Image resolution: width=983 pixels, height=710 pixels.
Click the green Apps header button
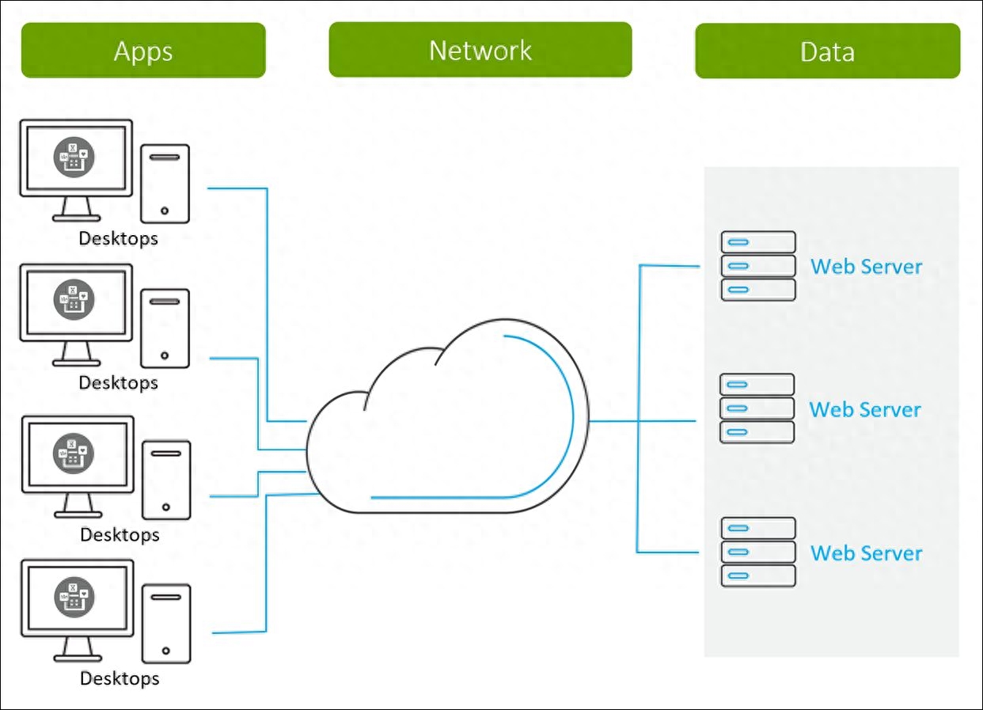click(143, 51)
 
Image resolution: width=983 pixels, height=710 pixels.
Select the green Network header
click(480, 50)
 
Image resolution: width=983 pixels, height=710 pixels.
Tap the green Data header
click(827, 51)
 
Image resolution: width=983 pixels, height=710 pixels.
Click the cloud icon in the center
click(448, 420)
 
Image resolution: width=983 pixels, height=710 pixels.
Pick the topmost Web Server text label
click(866, 266)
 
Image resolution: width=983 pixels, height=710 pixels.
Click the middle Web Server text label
click(865, 409)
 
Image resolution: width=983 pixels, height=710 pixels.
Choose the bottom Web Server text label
click(867, 552)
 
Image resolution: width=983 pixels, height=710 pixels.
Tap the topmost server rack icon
click(758, 266)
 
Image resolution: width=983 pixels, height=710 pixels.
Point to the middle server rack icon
click(757, 408)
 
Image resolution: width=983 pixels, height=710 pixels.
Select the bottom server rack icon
click(758, 552)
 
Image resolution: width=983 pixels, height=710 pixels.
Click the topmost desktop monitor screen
click(76, 159)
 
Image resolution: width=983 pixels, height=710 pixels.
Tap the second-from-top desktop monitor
click(76, 303)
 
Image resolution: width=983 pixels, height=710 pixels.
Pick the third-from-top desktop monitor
click(77, 455)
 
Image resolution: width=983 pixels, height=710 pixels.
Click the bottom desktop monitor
click(77, 599)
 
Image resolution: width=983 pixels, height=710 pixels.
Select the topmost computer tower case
click(165, 184)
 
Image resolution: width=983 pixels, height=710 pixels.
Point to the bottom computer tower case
click(166, 624)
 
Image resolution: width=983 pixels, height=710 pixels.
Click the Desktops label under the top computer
click(118, 238)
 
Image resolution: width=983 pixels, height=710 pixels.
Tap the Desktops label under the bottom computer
click(120, 678)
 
